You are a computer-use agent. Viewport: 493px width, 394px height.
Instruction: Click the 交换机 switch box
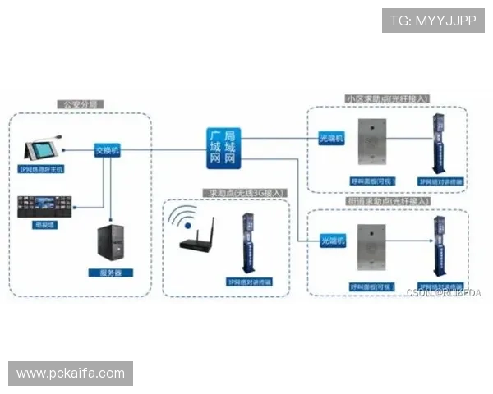pyautogui.click(x=107, y=150)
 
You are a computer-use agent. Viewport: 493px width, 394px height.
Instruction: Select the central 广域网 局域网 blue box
pyautogui.click(x=223, y=148)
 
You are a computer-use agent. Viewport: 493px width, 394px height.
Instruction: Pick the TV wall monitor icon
pyautogui.click(x=41, y=204)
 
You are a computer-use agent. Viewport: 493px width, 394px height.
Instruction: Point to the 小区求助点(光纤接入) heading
pyautogui.click(x=387, y=99)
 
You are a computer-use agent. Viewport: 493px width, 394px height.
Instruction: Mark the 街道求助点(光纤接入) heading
pyautogui.click(x=388, y=201)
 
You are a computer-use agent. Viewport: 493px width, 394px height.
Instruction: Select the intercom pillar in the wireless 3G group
pyautogui.click(x=244, y=242)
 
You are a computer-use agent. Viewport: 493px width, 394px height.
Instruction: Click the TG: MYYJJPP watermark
pyautogui.click(x=433, y=20)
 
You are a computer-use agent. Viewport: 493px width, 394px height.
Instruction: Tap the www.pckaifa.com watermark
pyautogui.click(x=71, y=373)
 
